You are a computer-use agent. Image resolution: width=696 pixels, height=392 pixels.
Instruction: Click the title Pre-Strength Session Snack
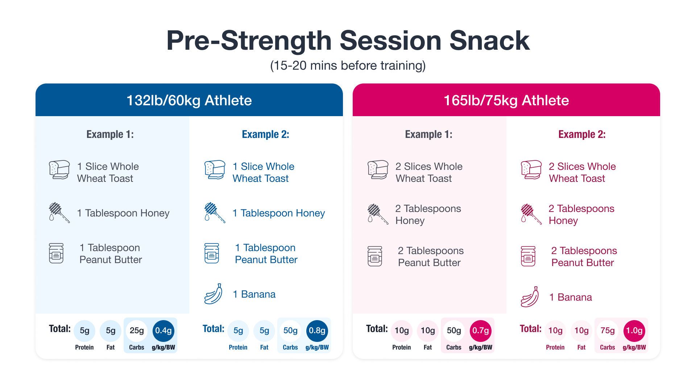(x=348, y=41)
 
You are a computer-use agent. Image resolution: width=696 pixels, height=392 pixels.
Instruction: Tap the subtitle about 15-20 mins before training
(x=348, y=66)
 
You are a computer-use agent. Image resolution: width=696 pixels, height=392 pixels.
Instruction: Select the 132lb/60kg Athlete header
(x=189, y=101)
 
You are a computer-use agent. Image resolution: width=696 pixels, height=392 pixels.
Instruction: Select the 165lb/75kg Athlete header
(x=506, y=101)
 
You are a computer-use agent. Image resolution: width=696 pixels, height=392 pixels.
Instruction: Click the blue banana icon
(x=214, y=294)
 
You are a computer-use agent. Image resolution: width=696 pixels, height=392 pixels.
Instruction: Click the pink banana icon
(x=530, y=297)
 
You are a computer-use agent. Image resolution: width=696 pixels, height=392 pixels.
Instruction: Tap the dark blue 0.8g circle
(x=317, y=331)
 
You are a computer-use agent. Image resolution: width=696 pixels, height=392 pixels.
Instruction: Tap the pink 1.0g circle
(x=634, y=331)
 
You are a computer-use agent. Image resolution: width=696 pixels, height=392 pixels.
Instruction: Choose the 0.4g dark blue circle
(x=163, y=331)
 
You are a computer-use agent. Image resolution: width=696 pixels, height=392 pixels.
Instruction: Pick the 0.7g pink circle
(x=480, y=331)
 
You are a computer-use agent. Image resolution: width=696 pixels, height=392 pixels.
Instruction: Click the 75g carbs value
(x=607, y=331)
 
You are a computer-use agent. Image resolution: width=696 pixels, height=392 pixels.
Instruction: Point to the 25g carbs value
(x=137, y=331)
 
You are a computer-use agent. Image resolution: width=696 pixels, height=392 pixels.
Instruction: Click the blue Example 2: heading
(x=265, y=134)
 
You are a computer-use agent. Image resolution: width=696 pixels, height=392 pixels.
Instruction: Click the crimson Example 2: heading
(x=582, y=134)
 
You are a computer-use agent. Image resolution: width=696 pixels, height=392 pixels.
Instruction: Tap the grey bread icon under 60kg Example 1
(x=59, y=170)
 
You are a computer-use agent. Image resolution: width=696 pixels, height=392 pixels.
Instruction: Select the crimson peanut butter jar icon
(x=528, y=256)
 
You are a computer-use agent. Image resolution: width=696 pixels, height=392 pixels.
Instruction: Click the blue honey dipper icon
(x=214, y=213)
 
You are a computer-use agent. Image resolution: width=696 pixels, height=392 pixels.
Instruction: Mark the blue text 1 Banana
(x=254, y=294)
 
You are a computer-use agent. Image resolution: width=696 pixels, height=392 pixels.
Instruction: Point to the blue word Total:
(x=213, y=329)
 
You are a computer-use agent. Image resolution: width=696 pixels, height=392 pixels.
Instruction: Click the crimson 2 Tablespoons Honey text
(x=581, y=215)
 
